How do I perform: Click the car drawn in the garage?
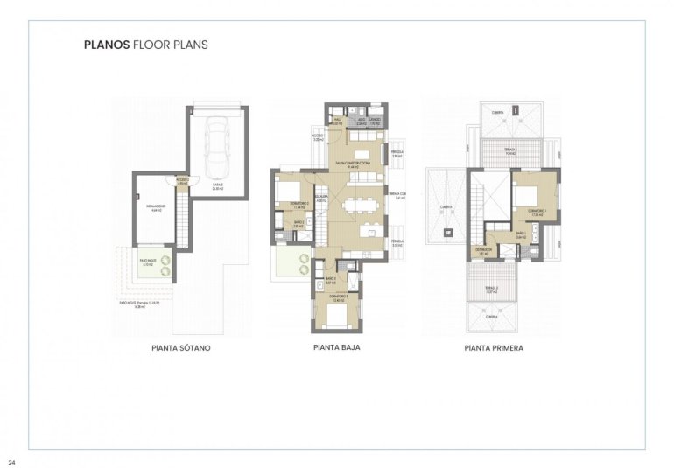(x=217, y=148)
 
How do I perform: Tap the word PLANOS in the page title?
(x=107, y=44)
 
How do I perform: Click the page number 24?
(x=11, y=461)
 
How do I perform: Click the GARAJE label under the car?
(x=216, y=185)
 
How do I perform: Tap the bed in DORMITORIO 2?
(x=287, y=194)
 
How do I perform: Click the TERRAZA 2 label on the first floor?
(x=492, y=288)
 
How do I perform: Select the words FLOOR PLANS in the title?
(x=171, y=44)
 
